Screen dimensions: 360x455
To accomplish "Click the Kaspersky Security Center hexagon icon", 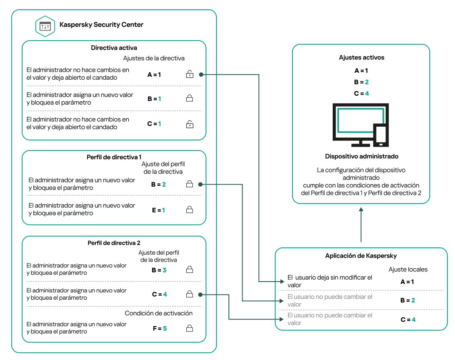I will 45,26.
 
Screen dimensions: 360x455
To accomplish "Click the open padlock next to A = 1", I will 189,74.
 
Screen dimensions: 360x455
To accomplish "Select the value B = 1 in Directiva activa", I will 154,99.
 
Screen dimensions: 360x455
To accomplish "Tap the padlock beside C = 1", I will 189,124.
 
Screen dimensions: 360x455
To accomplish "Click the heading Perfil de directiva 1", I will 114,157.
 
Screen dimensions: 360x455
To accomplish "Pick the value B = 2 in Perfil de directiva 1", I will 159,185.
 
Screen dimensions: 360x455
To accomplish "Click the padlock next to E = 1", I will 189,210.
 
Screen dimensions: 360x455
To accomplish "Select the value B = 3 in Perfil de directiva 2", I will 159,270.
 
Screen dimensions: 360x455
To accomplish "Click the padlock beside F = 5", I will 189,328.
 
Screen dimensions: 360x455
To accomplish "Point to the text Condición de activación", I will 159,313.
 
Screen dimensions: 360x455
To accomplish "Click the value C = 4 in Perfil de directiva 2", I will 159,294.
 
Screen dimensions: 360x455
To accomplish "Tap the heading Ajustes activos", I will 361,58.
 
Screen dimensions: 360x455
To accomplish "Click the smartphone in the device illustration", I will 381,135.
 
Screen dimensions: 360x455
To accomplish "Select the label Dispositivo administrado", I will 361,156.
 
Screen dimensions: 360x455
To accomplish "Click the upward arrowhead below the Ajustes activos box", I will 361,209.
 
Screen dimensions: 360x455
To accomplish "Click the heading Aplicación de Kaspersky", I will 361,256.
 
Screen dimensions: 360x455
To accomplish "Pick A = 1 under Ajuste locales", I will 407,282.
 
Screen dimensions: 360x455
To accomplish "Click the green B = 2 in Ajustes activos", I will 361,82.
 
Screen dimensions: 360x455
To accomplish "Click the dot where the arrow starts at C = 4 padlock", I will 200,295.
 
